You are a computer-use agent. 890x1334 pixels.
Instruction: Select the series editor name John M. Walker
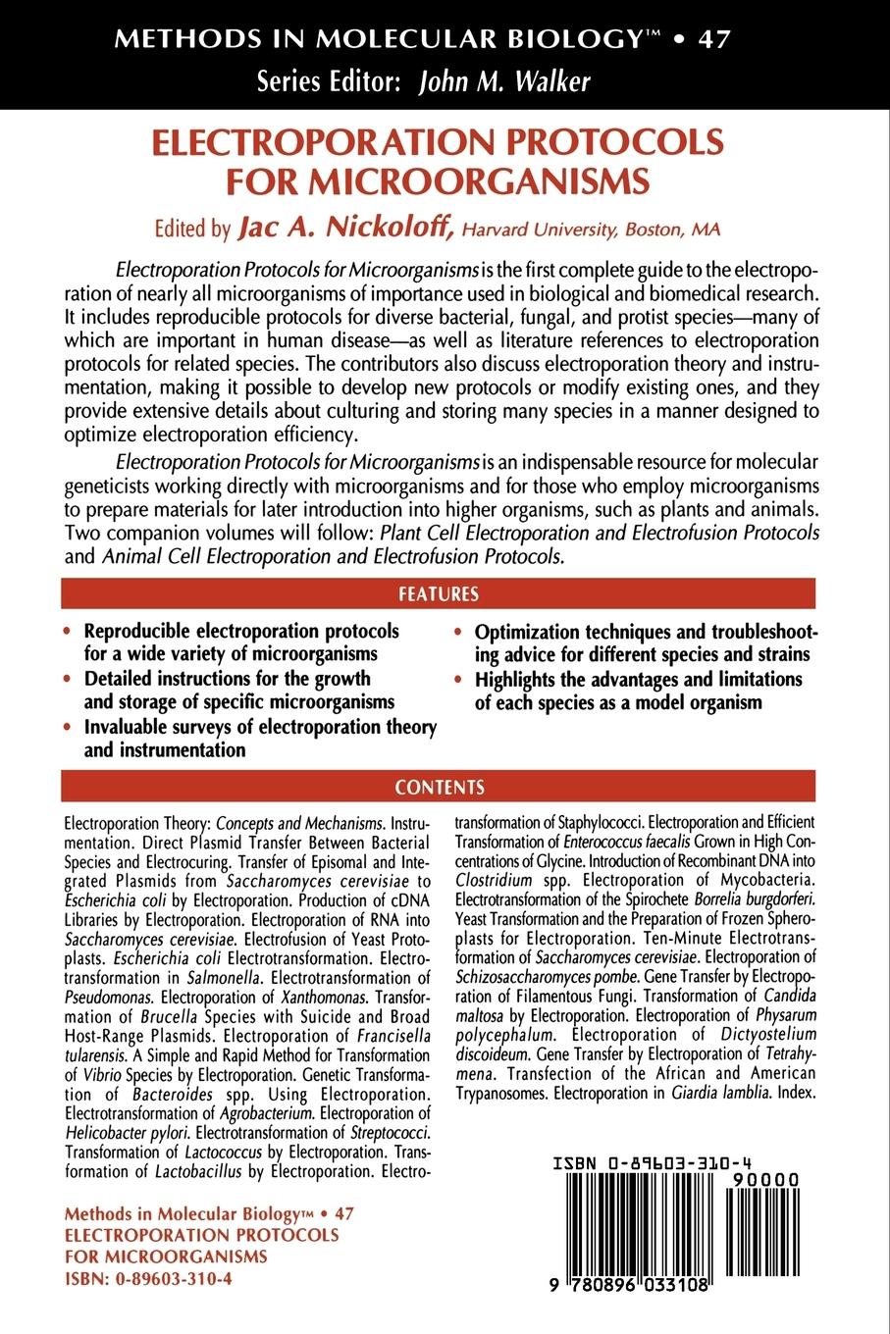tap(504, 81)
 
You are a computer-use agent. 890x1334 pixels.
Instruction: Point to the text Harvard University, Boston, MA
tap(590, 231)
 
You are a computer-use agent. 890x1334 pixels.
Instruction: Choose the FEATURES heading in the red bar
tap(438, 594)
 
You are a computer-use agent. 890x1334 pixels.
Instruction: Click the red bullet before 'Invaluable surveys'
tap(67, 729)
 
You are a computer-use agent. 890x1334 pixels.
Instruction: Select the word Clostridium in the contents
tap(496, 880)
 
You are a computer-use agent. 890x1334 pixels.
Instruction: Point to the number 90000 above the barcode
tap(765, 1179)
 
